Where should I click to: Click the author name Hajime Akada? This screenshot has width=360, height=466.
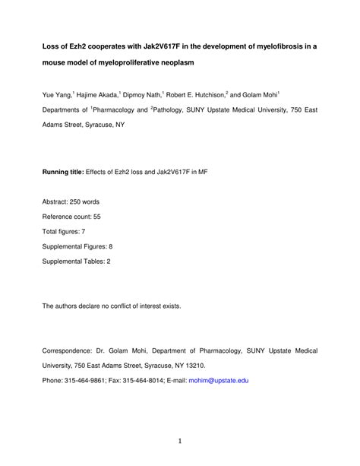tap(98, 97)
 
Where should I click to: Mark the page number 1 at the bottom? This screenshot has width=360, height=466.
tap(180, 442)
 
